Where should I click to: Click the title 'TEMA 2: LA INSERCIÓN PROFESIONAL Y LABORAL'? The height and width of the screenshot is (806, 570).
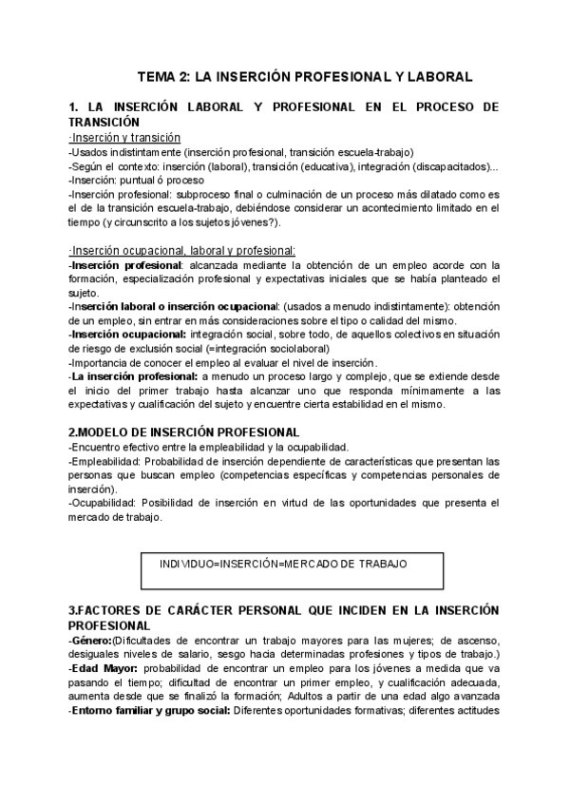pyautogui.click(x=305, y=76)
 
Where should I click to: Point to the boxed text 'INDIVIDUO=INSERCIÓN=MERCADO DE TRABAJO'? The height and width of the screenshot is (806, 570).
pyautogui.click(x=285, y=565)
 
